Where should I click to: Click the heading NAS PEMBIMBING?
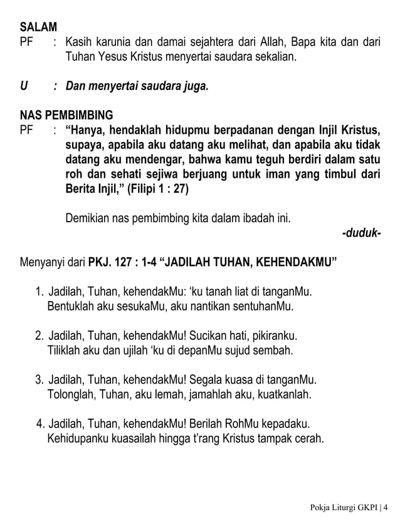click(66, 116)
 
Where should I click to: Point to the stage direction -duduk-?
click(361, 233)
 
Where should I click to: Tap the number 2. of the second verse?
click(40, 336)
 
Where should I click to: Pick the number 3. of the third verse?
click(40, 380)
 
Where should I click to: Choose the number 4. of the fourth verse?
click(41, 423)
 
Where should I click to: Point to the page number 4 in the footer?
click(385, 506)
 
